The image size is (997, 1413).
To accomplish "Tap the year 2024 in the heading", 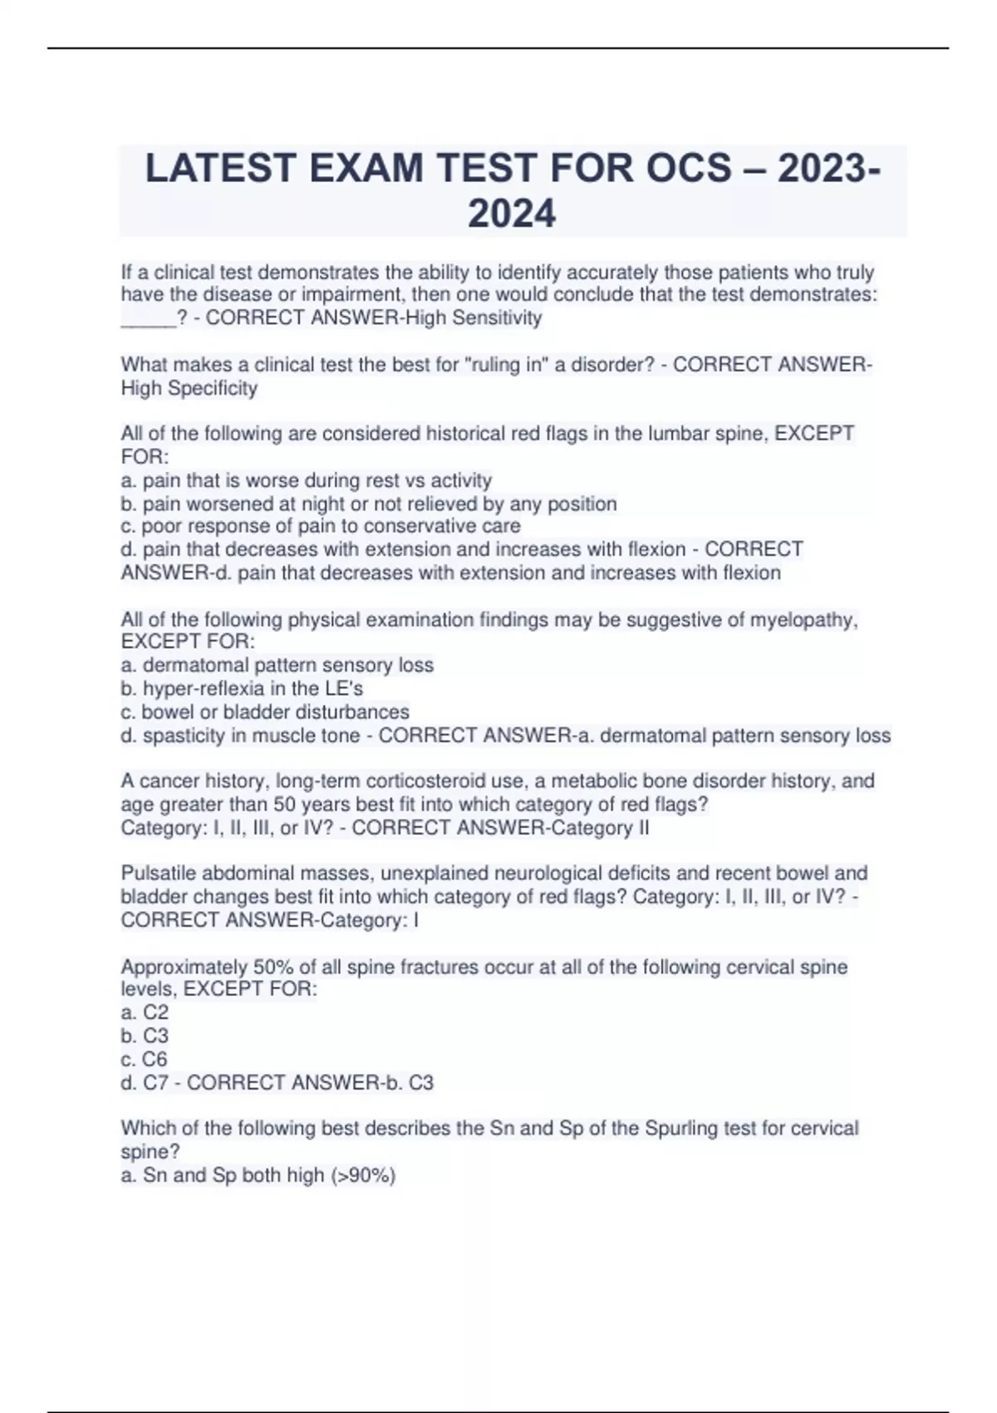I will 512,214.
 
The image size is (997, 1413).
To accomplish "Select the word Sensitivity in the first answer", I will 497,318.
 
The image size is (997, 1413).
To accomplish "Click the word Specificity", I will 213,388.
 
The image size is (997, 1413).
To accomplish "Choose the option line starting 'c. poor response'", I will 321,526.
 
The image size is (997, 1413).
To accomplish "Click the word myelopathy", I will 803,620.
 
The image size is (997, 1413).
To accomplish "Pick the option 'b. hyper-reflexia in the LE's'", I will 242,688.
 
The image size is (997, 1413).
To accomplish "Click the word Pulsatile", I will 161,874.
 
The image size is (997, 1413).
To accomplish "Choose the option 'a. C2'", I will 145,1012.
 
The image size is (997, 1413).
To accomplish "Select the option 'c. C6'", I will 144,1059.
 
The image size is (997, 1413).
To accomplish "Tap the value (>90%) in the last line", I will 363,1175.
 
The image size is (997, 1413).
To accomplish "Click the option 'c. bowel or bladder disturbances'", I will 265,712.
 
